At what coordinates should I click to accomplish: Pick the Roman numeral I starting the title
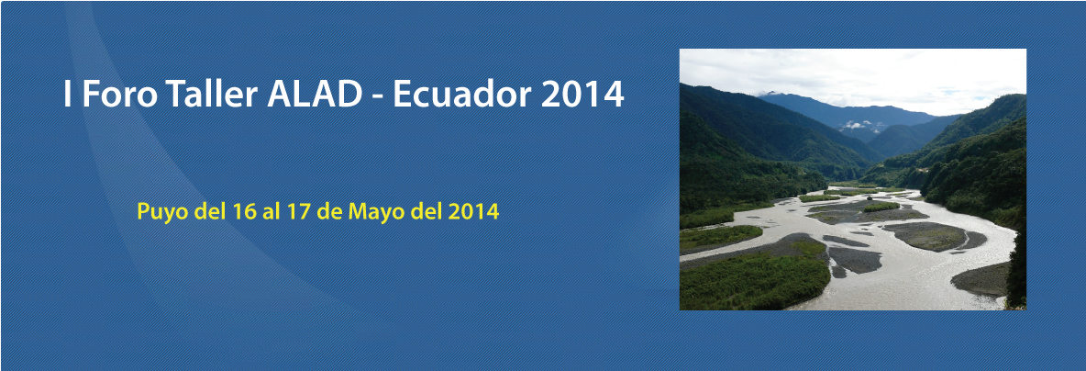67,95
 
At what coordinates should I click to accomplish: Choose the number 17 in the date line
296,210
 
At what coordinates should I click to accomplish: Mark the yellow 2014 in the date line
473,210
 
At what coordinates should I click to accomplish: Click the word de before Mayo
329,210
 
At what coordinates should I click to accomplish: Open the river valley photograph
853,179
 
